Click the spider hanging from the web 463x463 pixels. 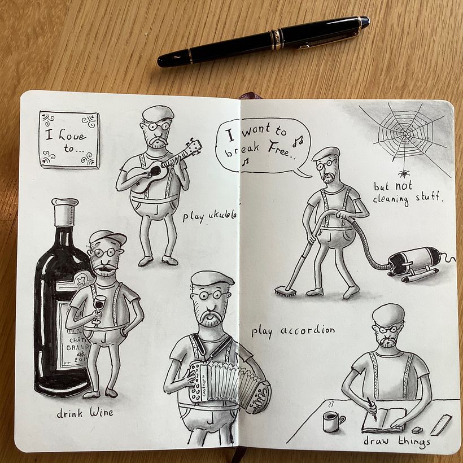[404, 173]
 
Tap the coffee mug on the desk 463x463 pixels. [332, 421]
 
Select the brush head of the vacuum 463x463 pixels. [286, 291]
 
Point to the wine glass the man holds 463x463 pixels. [99, 305]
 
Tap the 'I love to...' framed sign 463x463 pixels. [69, 139]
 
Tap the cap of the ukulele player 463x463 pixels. [158, 113]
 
